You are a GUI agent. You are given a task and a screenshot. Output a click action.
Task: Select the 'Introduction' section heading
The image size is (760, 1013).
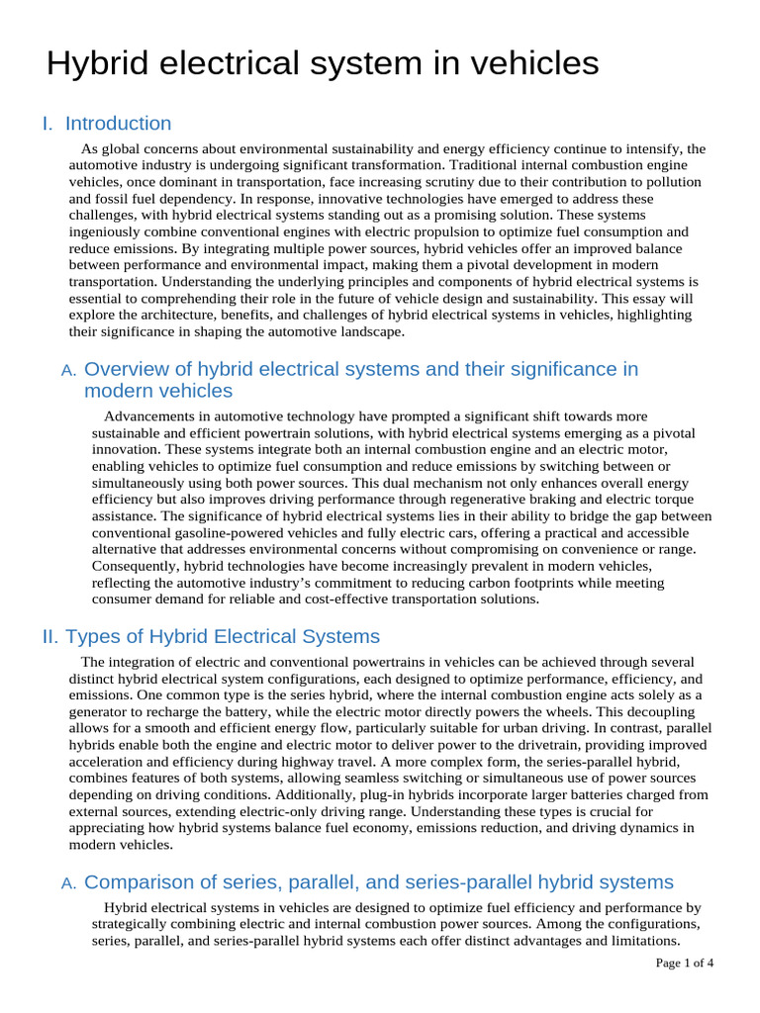[118, 124]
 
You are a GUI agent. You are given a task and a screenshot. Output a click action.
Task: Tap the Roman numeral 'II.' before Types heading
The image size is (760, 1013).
[50, 636]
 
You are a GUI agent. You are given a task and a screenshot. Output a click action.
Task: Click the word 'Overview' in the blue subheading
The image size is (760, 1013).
[137, 369]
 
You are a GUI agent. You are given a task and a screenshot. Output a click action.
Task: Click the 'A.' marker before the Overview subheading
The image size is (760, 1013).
[68, 371]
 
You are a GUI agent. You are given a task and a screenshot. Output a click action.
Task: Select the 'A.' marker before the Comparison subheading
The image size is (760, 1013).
[68, 883]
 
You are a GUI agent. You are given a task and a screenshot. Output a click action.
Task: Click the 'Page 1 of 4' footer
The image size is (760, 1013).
[685, 963]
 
